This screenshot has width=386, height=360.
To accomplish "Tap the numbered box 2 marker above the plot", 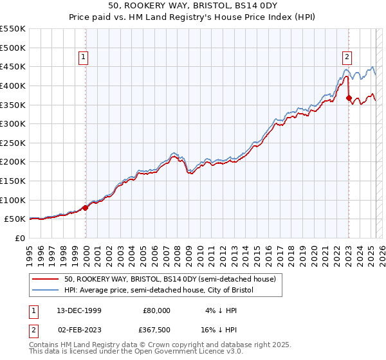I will [347, 57].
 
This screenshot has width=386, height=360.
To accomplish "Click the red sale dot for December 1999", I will [86, 208].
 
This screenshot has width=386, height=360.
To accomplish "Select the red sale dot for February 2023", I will [349, 98].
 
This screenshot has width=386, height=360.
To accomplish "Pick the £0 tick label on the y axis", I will [19, 238].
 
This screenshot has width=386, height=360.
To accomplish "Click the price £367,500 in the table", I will [156, 330].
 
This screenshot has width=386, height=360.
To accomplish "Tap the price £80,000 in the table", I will [156, 310].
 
